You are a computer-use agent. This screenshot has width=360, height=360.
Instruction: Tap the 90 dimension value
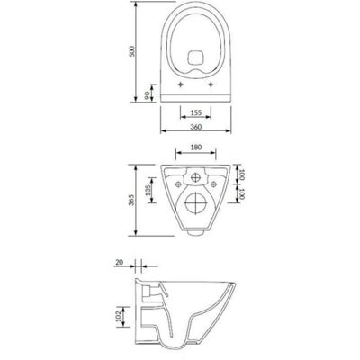click(x=148, y=95)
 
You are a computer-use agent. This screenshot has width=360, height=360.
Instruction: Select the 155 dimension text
click(x=196, y=112)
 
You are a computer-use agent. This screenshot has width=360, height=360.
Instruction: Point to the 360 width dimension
click(x=196, y=127)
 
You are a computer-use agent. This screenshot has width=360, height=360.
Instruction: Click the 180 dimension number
click(x=196, y=148)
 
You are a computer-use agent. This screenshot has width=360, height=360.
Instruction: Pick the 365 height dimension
click(x=131, y=200)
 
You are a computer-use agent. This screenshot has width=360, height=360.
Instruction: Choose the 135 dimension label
click(x=148, y=190)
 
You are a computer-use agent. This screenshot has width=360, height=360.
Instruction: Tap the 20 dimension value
click(x=119, y=262)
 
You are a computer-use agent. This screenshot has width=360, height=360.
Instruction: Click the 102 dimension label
click(x=118, y=317)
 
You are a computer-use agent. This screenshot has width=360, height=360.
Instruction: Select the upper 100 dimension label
click(x=242, y=175)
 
